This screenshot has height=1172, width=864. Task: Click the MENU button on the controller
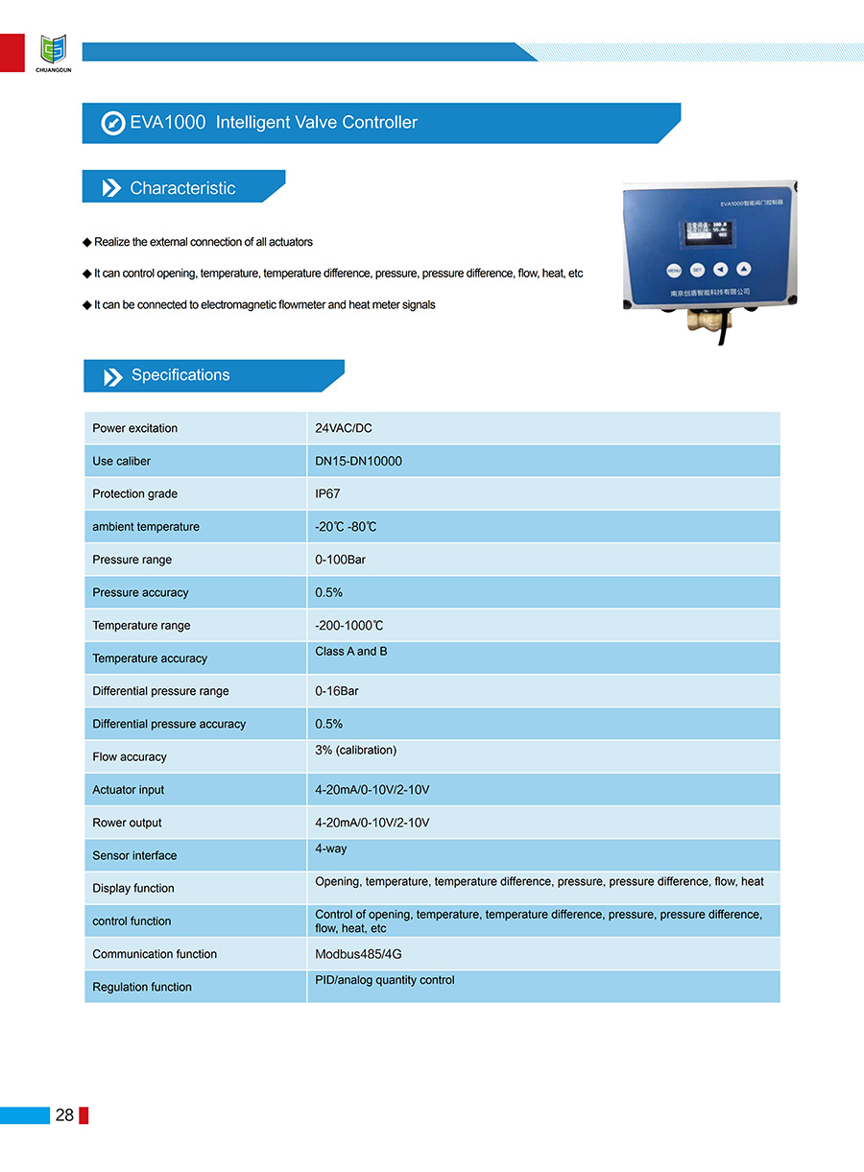[674, 271]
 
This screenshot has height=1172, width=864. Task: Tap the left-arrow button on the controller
[720, 270]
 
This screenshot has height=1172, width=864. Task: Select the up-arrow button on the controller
[744, 270]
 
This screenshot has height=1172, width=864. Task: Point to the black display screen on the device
[705, 233]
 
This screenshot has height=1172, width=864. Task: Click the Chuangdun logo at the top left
[53, 50]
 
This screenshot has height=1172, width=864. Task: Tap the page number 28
[64, 1114]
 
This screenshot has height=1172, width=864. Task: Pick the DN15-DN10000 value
[359, 461]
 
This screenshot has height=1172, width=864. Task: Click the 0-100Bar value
[341, 560]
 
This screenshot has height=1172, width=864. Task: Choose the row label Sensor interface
[134, 855]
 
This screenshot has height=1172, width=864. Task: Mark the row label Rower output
[127, 823]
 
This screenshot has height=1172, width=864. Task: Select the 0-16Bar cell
[337, 691]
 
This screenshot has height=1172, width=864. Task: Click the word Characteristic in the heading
[182, 188]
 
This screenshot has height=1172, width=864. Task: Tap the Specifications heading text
[180, 375]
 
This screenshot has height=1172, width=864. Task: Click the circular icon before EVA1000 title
[113, 123]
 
